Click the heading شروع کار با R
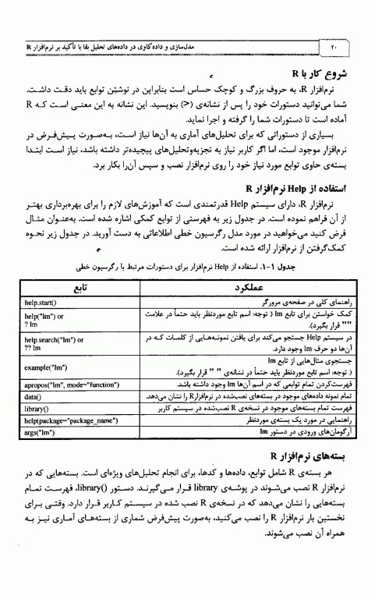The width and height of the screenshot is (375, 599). [317, 75]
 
